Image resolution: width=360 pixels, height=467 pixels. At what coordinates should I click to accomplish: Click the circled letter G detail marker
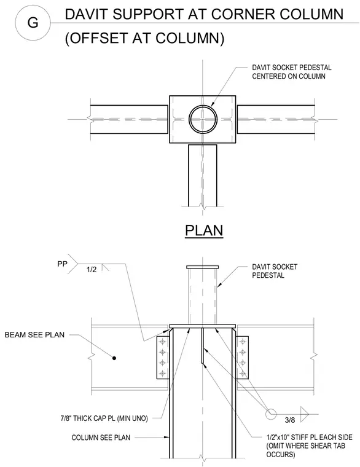(x=33, y=23)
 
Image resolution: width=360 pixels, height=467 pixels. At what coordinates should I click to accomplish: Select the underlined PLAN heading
(x=204, y=231)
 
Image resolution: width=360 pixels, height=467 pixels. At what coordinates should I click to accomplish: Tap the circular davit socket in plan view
(x=203, y=119)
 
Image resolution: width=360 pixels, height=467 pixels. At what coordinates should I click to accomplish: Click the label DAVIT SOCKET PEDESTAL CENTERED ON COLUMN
(x=292, y=72)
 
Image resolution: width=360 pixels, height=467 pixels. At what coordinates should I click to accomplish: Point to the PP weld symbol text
(x=62, y=264)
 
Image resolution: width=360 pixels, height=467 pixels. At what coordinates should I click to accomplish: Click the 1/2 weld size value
(x=92, y=270)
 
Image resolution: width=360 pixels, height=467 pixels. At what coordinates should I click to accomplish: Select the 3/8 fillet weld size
(x=290, y=420)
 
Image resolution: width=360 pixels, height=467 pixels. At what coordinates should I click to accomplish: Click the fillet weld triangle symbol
(x=304, y=414)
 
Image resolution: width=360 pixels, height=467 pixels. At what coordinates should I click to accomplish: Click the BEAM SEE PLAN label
(x=34, y=335)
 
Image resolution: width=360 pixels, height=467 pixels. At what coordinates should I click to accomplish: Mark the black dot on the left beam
(x=114, y=358)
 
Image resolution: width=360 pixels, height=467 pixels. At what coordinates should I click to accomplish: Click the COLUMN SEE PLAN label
(x=101, y=438)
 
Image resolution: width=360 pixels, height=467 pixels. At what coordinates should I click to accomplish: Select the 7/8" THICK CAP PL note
(x=104, y=418)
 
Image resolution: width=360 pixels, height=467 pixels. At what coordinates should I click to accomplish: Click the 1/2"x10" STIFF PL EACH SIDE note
(x=309, y=446)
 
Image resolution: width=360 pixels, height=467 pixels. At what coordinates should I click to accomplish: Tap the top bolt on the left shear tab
(x=162, y=341)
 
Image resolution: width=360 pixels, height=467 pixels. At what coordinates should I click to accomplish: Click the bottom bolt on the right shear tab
(x=243, y=373)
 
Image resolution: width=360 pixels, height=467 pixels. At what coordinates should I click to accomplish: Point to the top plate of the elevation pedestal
(x=203, y=267)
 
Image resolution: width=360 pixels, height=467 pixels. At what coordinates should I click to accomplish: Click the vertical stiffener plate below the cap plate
(x=203, y=345)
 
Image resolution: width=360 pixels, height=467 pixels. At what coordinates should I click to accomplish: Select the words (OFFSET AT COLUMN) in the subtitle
(x=145, y=38)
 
